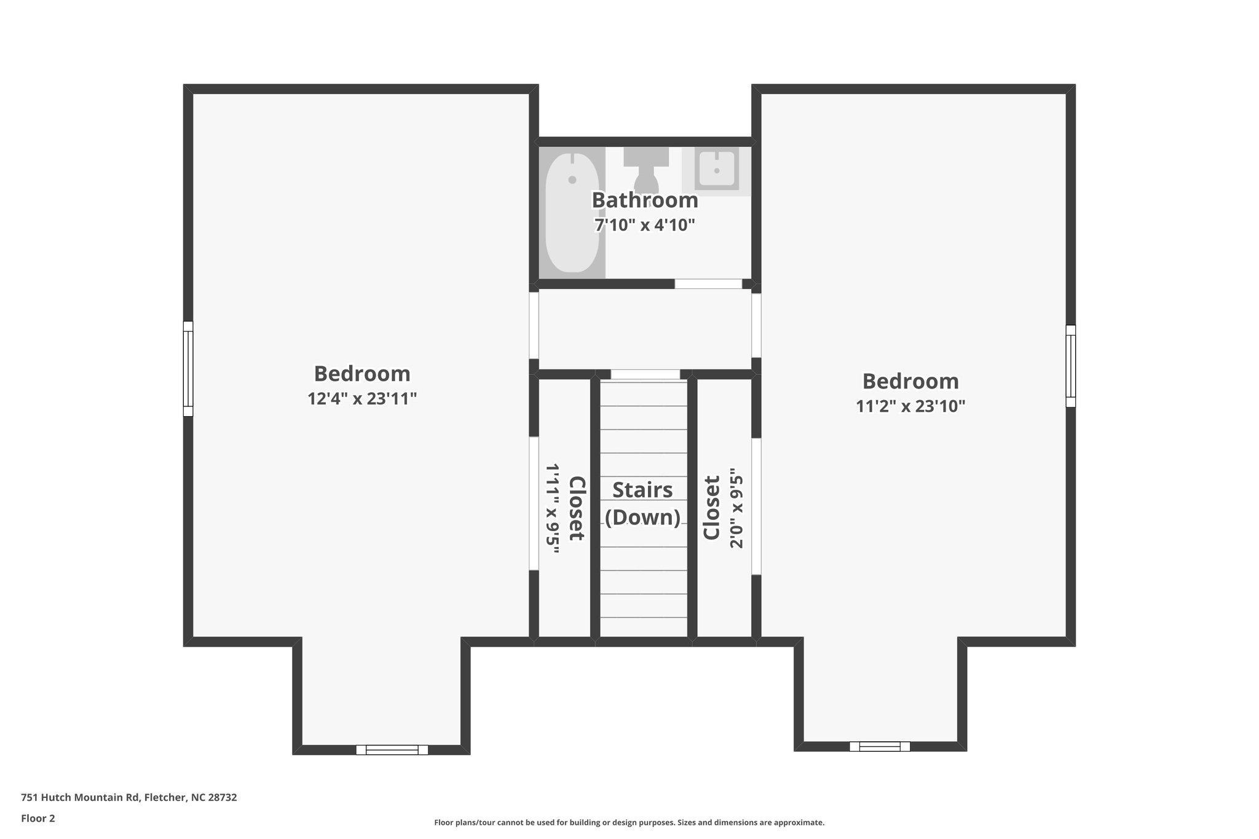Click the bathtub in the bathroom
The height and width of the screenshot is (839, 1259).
[x=572, y=212]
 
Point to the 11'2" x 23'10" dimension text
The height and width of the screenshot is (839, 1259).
[x=910, y=406]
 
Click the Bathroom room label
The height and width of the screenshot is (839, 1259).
[x=645, y=200]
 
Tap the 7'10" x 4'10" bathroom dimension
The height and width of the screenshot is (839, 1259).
[x=645, y=225]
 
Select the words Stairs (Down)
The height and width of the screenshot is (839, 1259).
[x=643, y=503]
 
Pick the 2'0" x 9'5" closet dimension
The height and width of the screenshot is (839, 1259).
[x=736, y=511]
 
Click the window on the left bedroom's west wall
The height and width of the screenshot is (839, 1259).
[x=188, y=369]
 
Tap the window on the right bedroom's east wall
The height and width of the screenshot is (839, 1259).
[x=1071, y=366]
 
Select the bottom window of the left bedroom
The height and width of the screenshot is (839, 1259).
[x=392, y=749]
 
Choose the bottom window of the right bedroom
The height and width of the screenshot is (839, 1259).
[x=880, y=746]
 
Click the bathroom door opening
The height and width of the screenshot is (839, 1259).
[x=708, y=284]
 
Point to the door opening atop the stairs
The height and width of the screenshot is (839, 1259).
[x=645, y=374]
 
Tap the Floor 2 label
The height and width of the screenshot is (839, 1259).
[x=38, y=818]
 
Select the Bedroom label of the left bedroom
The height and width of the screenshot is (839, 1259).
[x=362, y=374]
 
